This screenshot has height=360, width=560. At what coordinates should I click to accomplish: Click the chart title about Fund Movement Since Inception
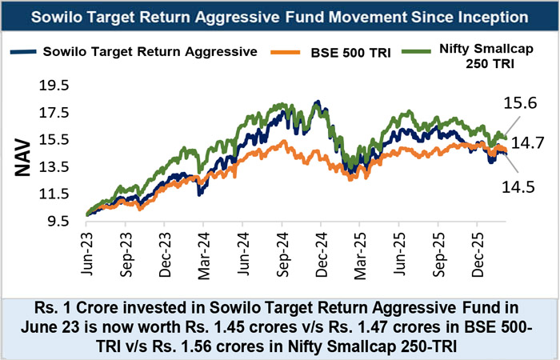tap(280, 16)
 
